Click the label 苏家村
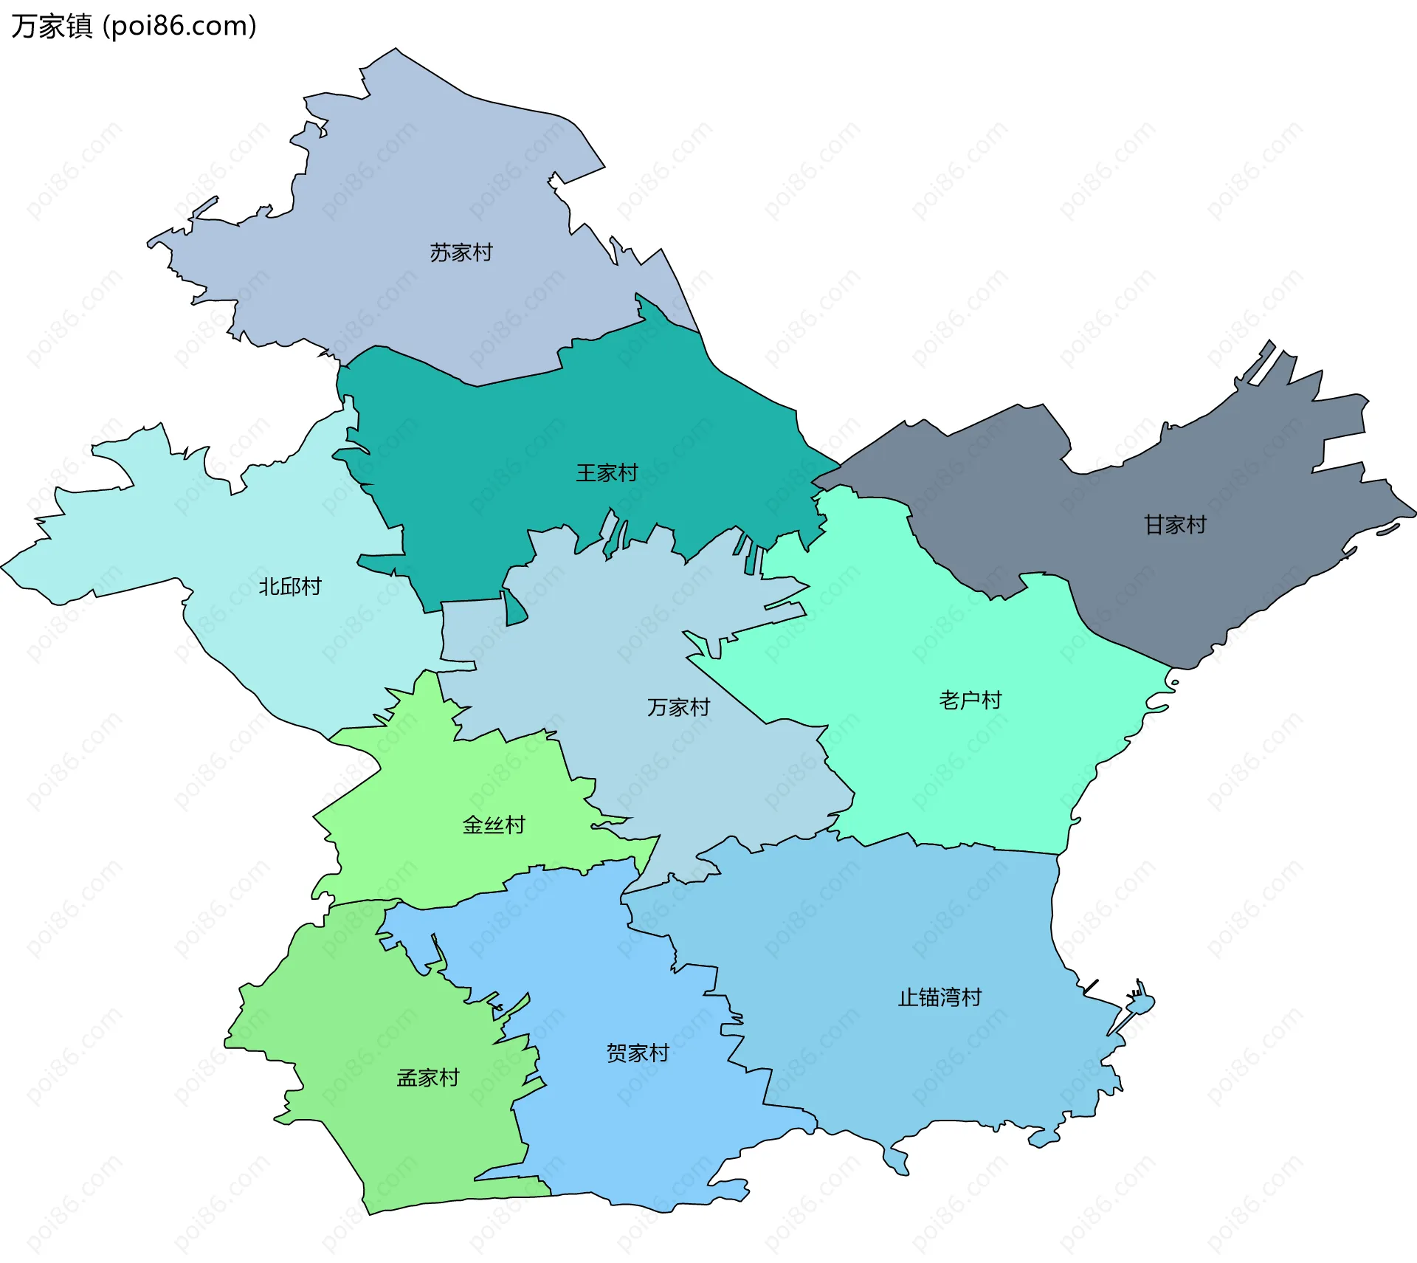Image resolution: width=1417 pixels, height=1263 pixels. [461, 252]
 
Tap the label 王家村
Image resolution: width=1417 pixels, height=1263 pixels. [607, 472]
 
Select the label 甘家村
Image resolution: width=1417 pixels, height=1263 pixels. [1175, 525]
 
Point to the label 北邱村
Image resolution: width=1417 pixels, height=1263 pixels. [290, 586]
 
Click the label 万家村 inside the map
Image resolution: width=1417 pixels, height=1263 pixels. [678, 707]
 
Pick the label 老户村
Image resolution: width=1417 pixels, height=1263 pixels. [970, 700]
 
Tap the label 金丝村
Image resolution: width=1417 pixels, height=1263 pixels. [494, 825]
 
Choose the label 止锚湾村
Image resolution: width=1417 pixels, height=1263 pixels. [940, 997]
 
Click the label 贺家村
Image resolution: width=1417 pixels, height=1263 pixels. [638, 1053]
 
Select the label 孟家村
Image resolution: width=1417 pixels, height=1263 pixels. [428, 1078]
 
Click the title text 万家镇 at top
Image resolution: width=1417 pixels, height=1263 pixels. [52, 26]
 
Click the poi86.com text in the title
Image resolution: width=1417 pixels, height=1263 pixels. [179, 26]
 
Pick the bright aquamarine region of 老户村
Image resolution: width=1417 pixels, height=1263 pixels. [959, 775]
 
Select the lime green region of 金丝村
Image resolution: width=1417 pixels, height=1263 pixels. [443, 775]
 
